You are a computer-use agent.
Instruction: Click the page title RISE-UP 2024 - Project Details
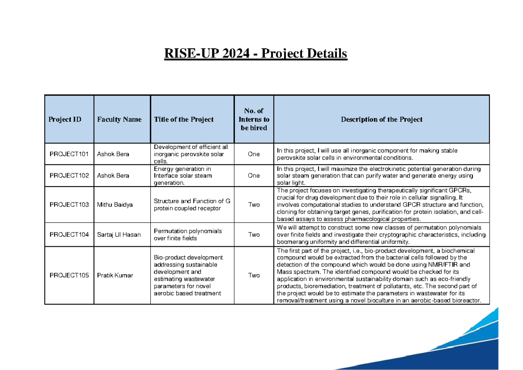(x=256, y=54)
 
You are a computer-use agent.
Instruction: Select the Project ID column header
(x=65, y=119)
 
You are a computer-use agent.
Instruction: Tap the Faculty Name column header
(x=119, y=119)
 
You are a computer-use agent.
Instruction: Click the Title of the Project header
(x=183, y=119)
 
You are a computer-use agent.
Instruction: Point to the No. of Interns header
(x=254, y=119)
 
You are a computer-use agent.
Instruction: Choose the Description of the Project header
(x=381, y=119)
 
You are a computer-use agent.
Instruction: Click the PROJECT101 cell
(x=69, y=154)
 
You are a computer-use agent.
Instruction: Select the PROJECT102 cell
(x=69, y=176)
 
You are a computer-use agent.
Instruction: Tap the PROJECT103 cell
(x=69, y=205)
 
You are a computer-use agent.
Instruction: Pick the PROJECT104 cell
(x=69, y=234)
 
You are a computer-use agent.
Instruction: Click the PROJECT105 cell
(x=69, y=275)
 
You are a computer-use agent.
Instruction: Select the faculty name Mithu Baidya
(x=115, y=205)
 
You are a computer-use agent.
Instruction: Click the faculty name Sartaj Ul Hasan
(x=119, y=234)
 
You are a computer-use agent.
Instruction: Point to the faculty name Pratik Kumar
(x=115, y=275)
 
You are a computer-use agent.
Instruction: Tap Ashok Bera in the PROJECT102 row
(x=113, y=176)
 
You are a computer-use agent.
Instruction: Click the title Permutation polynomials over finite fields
(x=188, y=234)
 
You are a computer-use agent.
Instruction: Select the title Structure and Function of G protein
(x=192, y=205)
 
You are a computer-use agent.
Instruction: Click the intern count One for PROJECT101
(x=254, y=154)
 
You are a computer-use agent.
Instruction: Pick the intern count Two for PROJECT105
(x=254, y=275)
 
